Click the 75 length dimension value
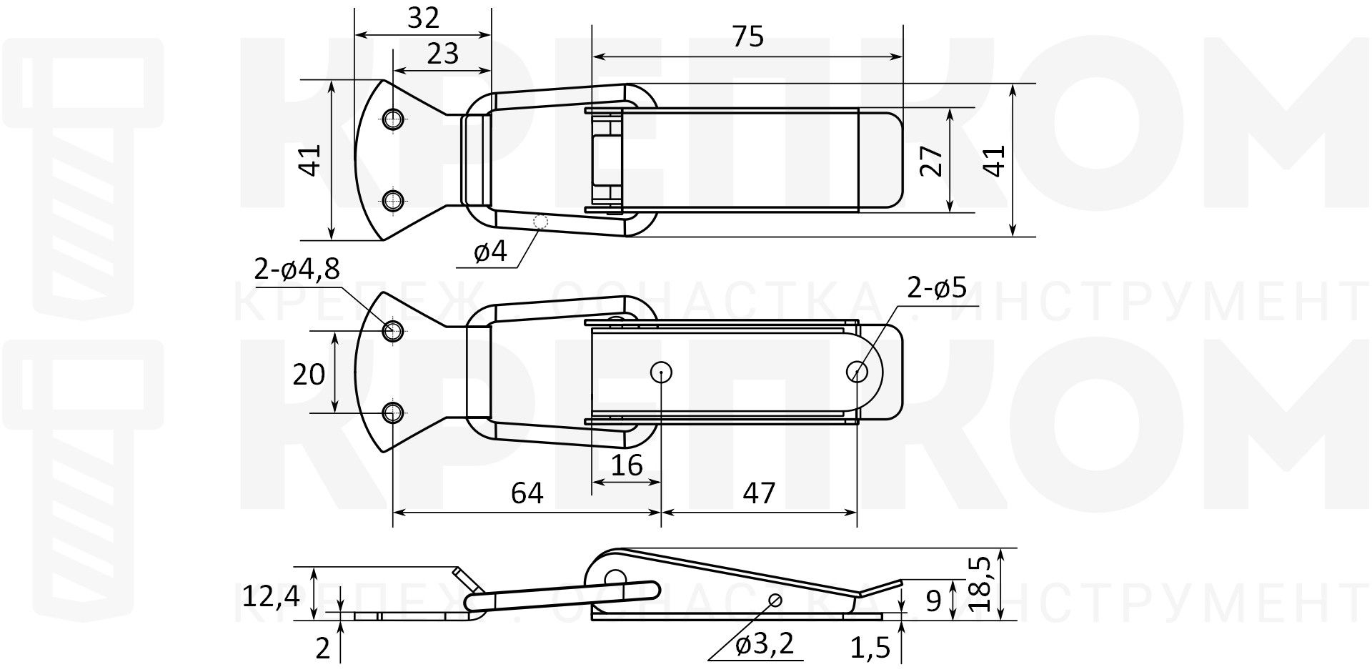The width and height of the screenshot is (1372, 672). [x=748, y=36]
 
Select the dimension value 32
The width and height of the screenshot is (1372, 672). [x=423, y=18]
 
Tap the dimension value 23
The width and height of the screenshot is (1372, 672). [x=442, y=54]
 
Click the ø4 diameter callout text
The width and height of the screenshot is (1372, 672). [x=489, y=252]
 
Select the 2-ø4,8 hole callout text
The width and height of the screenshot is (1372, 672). [x=297, y=270]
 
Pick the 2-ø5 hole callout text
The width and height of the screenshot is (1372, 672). [x=936, y=287]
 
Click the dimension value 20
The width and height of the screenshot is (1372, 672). [x=309, y=375]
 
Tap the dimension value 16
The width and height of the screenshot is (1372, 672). [x=627, y=465]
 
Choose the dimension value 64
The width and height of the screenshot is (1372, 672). [x=527, y=493]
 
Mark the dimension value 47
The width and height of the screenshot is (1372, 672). [x=759, y=493]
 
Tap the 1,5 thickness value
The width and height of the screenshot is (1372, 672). [x=870, y=648]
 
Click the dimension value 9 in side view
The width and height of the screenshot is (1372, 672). [x=933, y=601]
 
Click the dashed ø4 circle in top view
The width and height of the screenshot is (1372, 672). [x=541, y=222]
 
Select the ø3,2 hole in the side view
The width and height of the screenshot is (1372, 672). [x=775, y=598]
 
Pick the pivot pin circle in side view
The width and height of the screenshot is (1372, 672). [x=613, y=578]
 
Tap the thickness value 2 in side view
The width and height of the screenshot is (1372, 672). [x=323, y=648]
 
